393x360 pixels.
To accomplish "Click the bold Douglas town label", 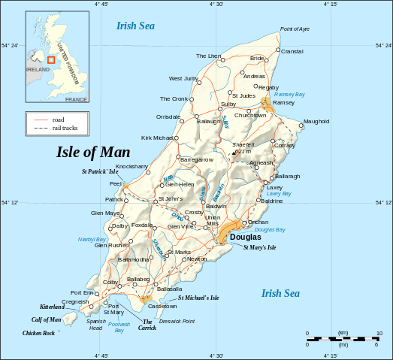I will pos(245,237).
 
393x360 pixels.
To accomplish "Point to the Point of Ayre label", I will pos(295,29).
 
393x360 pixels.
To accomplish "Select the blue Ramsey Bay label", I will pos(289,95).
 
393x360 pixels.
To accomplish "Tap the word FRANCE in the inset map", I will pos(76,99).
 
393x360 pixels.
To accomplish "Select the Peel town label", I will pos(116,183).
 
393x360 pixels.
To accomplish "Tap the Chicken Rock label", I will pos(38,332).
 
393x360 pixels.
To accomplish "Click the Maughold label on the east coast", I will pos(316,121).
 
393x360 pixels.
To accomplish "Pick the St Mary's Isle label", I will pos(260,247).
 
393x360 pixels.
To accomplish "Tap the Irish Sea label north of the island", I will pos(135,26).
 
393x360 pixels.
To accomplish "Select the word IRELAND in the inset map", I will pos(38,69).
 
